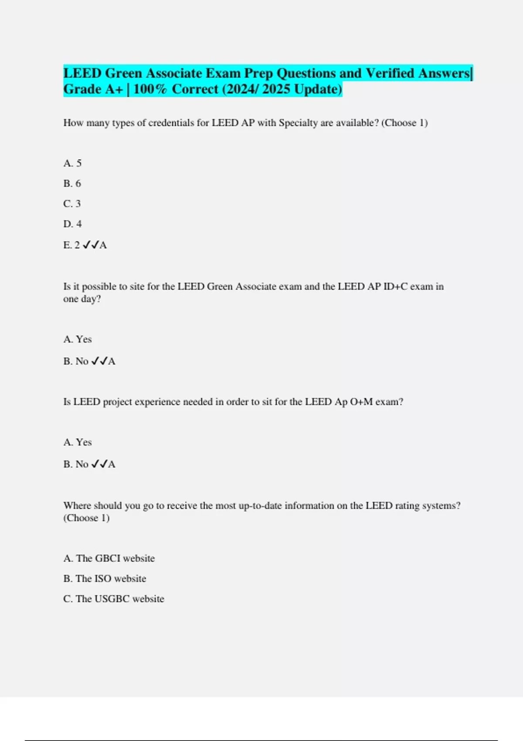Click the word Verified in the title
pos(390,73)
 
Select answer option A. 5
pos(72,163)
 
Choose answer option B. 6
pos(72,184)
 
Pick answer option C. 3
pos(72,204)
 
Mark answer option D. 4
pos(72,224)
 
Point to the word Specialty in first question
pos(298,123)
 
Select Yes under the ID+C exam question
pos(84,340)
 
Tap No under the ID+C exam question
pos(82,361)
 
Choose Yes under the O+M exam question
pos(84,442)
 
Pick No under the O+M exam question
pos(82,464)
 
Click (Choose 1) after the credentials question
pos(404,123)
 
